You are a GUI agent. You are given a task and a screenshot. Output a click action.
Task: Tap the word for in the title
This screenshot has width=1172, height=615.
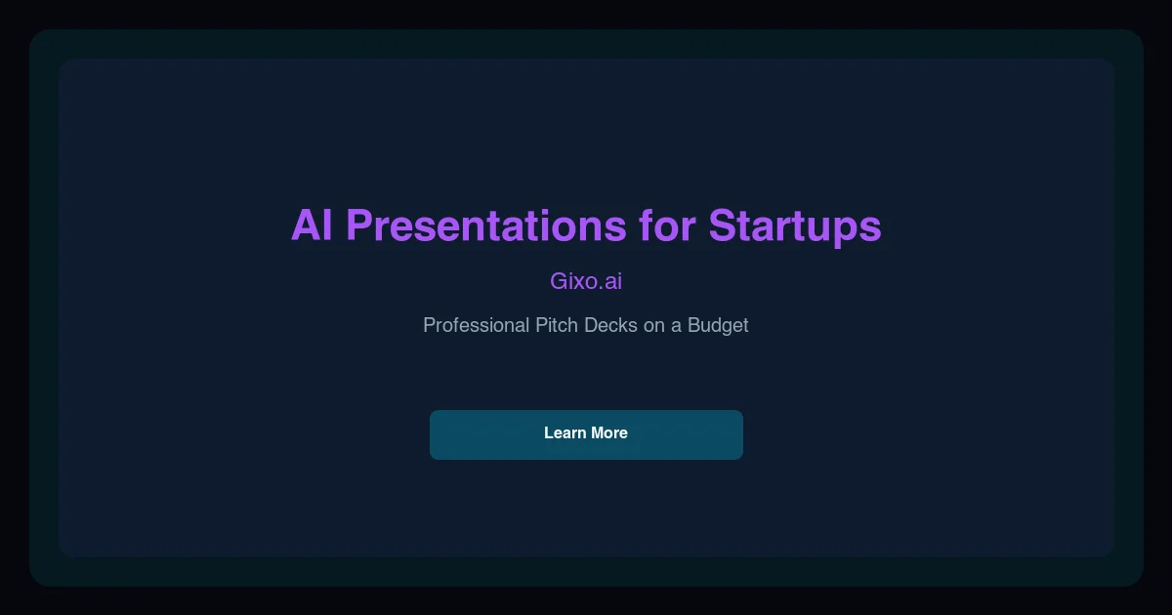pyautogui.click(x=667, y=225)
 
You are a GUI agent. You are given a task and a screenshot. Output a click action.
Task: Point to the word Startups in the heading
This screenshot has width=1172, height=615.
pyautogui.click(x=795, y=225)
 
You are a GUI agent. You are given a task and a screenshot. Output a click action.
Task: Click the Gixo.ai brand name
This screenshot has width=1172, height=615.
pyautogui.click(x=586, y=281)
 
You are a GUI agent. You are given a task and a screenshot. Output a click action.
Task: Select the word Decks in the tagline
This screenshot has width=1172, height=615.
pyautogui.click(x=610, y=325)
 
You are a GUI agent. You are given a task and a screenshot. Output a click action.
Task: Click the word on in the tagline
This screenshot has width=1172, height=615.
pyautogui.click(x=653, y=325)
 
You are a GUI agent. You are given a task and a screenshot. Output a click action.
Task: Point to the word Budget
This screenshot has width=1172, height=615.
pyautogui.click(x=718, y=325)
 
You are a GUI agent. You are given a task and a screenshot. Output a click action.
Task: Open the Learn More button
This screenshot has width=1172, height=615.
pyautogui.click(x=586, y=434)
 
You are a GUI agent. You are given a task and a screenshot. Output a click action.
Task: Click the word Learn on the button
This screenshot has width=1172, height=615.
pyautogui.click(x=565, y=432)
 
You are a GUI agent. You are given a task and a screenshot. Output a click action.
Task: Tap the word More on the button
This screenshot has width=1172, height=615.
pyautogui.click(x=608, y=432)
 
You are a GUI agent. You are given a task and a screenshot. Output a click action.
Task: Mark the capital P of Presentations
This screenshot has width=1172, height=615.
pyautogui.click(x=359, y=225)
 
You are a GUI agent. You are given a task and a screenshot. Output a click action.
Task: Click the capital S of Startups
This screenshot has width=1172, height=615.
pyautogui.click(x=723, y=225)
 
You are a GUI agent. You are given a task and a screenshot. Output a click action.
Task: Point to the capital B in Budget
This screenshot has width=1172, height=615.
pyautogui.click(x=694, y=325)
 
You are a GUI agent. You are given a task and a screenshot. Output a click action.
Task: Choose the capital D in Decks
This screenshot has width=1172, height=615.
pyautogui.click(x=591, y=325)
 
